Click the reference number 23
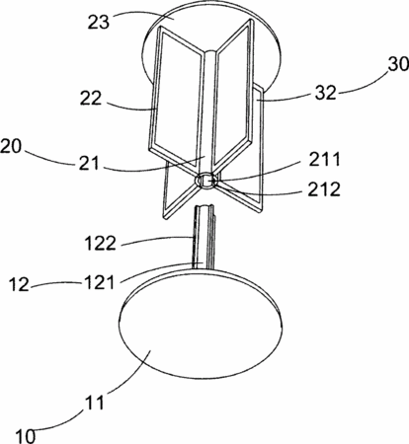(98, 23)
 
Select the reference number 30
(398, 64)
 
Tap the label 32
(326, 92)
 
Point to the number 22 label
(91, 98)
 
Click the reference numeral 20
(11, 146)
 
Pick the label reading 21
(89, 162)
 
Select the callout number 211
(324, 160)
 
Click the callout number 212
(324, 189)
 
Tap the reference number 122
(101, 244)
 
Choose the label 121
(99, 282)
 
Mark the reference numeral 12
(19, 284)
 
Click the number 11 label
(95, 402)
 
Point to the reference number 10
(25, 436)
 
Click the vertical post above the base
(204, 238)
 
